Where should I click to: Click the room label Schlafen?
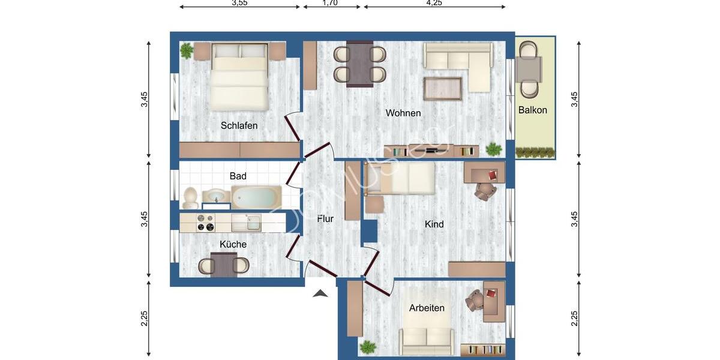click(239, 125)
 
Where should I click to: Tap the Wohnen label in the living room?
click(403, 113)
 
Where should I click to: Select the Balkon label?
click(532, 110)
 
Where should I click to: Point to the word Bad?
click(238, 176)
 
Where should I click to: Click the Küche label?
click(233, 244)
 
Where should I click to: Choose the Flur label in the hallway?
click(325, 219)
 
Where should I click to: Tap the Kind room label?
click(434, 224)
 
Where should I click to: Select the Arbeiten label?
click(427, 308)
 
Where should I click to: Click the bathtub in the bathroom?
click(256, 196)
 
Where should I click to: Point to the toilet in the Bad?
click(190, 197)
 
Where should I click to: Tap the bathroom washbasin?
click(214, 196)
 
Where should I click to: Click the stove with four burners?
click(206, 223)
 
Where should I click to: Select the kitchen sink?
click(246, 223)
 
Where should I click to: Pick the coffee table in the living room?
click(443, 89)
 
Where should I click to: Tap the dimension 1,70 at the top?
click(330, 3)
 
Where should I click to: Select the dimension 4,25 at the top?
click(434, 3)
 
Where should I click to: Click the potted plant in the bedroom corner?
click(187, 51)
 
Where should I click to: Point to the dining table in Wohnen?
click(359, 64)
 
